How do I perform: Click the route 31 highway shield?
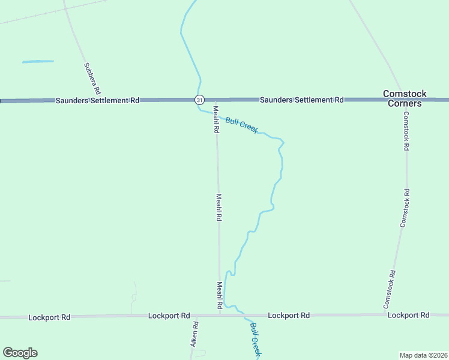[x=199, y=100]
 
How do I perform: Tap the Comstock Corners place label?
[x=405, y=98]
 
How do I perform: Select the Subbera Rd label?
[x=92, y=77]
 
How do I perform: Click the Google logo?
[x=20, y=353]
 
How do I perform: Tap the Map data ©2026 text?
[x=423, y=355]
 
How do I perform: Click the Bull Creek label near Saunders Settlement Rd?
[x=242, y=125]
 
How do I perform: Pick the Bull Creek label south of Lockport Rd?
[x=255, y=340]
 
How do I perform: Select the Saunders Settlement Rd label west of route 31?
[x=97, y=100]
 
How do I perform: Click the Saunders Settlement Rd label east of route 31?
[x=301, y=100]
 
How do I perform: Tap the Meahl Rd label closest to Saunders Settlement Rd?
[x=216, y=119]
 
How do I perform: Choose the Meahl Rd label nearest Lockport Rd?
[x=220, y=296]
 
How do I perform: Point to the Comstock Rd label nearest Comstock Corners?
[x=406, y=131]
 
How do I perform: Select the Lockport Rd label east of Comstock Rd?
[x=408, y=315]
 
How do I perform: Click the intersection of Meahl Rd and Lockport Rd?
[x=220, y=314]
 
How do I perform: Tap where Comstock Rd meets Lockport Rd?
[x=385, y=314]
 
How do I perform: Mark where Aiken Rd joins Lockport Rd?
[x=197, y=316]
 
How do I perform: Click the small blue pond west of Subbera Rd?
[x=38, y=61]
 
